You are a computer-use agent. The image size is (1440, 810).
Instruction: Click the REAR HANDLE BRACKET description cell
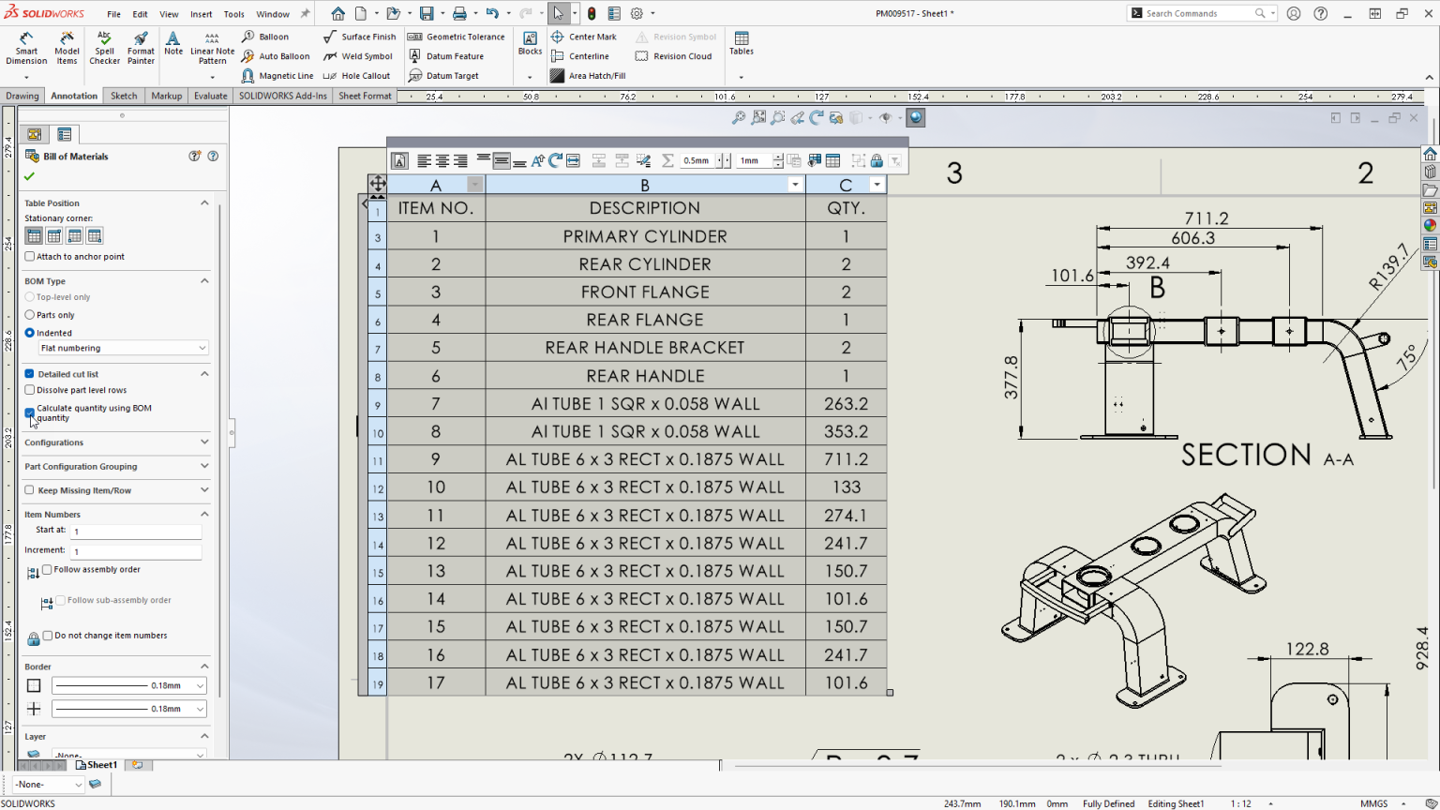644,348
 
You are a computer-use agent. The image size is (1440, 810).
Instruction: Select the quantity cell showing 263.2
846,404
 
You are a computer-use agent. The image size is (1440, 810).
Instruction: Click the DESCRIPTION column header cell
644,208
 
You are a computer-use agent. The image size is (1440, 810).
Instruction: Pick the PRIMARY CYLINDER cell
644,236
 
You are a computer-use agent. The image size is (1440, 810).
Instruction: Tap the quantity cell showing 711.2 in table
846,459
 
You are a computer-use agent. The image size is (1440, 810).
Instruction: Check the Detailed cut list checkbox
30,374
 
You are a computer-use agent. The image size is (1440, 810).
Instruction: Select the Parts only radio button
30,315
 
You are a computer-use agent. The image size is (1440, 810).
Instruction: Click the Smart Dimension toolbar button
26,49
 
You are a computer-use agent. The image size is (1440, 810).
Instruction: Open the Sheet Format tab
365,96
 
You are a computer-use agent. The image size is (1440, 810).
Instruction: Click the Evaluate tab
210,96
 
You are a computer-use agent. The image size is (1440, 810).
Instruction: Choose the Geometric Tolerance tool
457,37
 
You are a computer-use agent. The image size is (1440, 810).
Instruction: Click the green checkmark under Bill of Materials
30,176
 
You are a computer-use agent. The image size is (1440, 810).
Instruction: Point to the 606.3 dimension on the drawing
1192,238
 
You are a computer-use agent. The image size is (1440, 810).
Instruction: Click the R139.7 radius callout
1389,266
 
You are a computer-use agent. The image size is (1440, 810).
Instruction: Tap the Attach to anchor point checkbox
30,257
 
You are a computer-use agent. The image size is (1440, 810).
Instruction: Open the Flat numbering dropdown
122,348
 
